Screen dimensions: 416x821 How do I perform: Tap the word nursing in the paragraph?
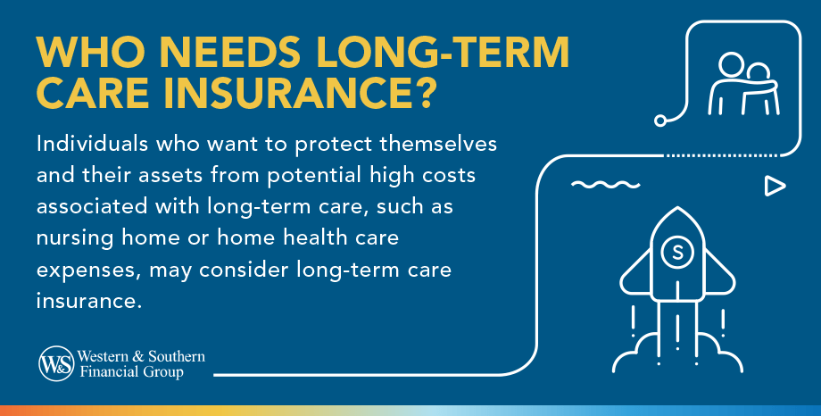point(73,240)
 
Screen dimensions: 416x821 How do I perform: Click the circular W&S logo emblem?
point(54,362)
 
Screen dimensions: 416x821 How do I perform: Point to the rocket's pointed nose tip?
point(677,209)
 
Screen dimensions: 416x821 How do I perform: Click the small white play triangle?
point(775,187)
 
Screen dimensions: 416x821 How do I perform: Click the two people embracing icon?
point(743,86)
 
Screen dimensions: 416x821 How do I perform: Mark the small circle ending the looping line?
point(660,119)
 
